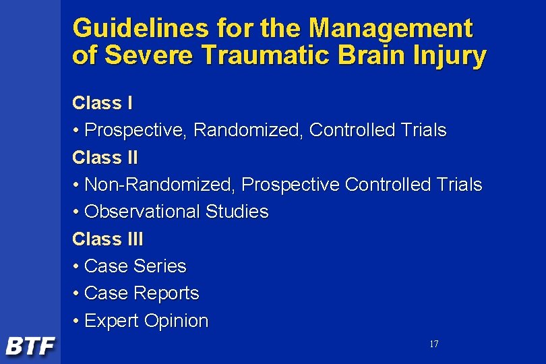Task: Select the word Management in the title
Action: tap(390, 29)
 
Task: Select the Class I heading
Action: tap(102, 103)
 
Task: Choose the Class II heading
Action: tap(105, 158)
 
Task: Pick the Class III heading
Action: tap(108, 239)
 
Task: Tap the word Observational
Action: tap(142, 212)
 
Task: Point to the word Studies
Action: tap(237, 212)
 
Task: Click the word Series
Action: tap(160, 266)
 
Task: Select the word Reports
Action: tap(166, 293)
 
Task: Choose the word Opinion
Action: tap(177, 322)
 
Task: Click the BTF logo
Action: tap(30, 346)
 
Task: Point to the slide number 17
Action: tap(433, 344)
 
